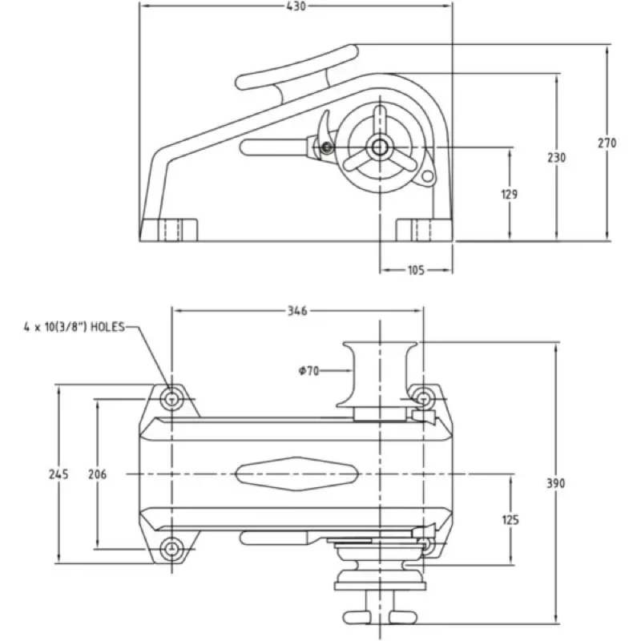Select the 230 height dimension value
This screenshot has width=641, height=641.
556,158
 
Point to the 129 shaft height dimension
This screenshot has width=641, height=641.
510,194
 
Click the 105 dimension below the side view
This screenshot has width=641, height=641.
416,270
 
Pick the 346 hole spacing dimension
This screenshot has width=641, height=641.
297,309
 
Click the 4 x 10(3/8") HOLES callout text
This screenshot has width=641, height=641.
73,327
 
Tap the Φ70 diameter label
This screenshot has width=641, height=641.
308,370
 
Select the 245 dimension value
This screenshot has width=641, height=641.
58,474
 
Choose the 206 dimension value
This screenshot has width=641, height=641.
97,474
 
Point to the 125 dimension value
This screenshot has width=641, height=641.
510,520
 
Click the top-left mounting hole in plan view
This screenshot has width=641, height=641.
171,397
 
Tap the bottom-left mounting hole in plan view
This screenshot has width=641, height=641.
171,549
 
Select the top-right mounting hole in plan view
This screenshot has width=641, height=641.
422,397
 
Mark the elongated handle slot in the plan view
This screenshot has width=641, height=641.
294,474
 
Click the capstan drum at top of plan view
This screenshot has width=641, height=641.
379,373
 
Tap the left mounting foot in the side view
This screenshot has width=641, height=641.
169,230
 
